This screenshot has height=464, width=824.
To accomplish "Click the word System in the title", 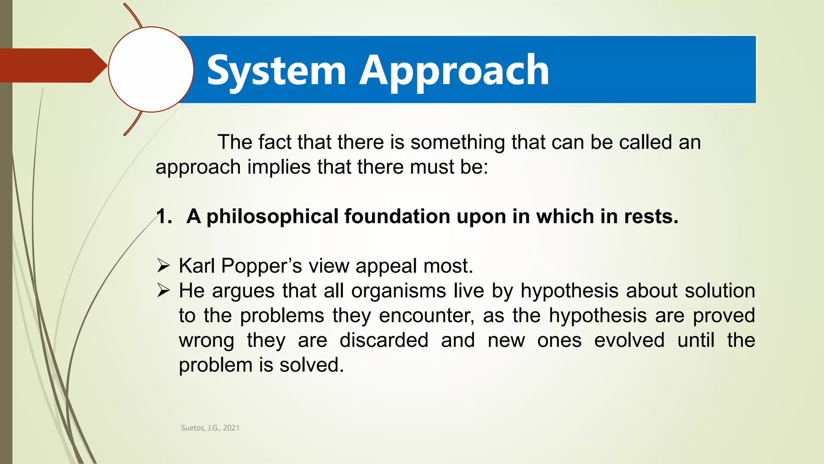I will point(276,71).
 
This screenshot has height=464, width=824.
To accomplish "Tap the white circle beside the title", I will point(151,69).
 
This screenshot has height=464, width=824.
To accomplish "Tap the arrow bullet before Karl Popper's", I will point(163,266).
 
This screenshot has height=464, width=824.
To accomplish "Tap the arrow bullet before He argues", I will point(163,290).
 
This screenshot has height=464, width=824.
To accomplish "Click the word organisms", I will point(398,291).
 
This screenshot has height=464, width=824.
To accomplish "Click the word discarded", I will point(384,340).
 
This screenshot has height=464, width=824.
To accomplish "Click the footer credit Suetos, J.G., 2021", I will point(210,428).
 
